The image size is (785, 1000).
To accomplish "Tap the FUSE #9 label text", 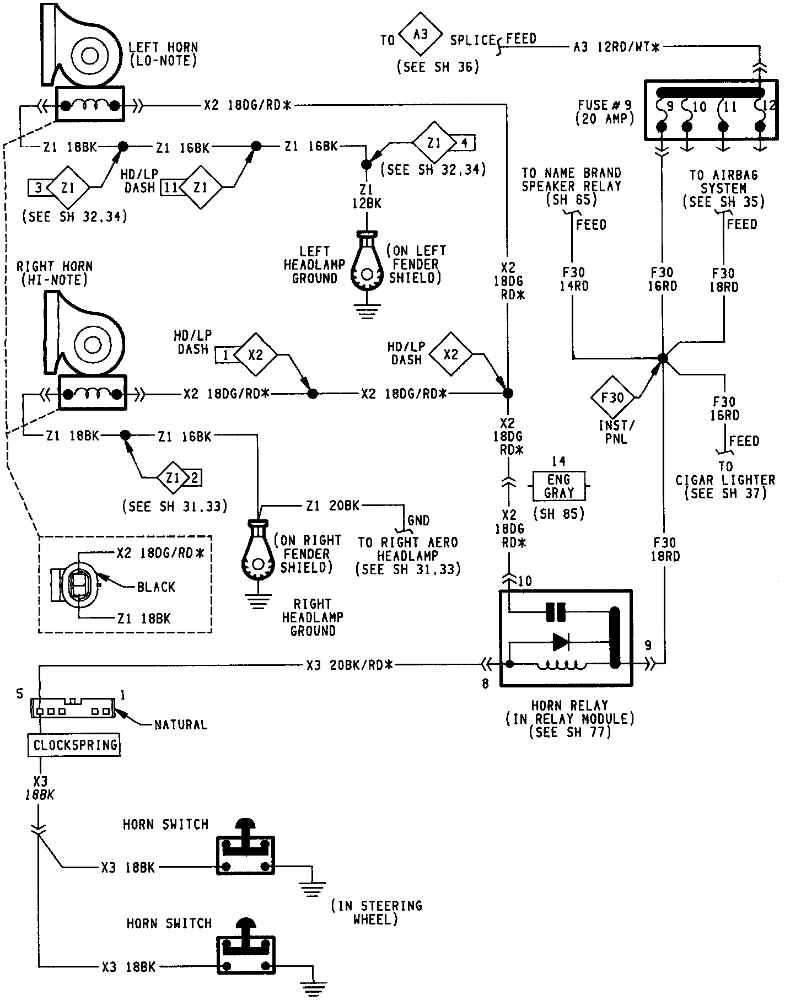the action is (605, 111).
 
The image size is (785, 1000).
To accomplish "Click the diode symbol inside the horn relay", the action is (561, 642).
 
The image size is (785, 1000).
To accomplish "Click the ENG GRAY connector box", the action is (559, 486).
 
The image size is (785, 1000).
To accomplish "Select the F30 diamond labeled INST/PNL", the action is (614, 397).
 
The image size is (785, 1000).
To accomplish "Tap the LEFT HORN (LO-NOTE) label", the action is (163, 54).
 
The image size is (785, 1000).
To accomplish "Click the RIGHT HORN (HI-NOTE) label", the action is (55, 273).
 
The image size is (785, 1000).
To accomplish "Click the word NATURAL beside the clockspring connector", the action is (181, 725).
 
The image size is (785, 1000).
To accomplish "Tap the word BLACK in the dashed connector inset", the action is (156, 587).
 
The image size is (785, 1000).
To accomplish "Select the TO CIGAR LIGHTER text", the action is (725, 474).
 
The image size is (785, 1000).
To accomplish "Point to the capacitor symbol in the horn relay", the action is (556, 612).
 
